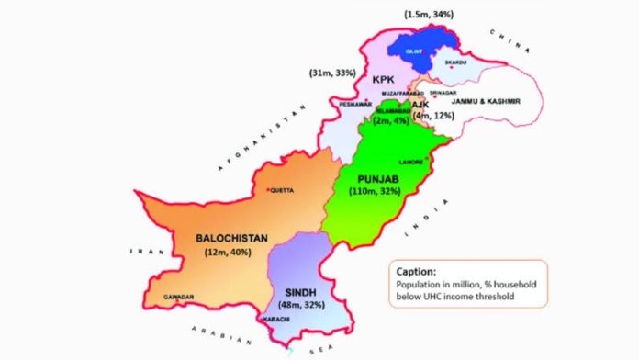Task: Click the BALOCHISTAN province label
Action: click(231, 238)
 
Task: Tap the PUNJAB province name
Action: click(377, 175)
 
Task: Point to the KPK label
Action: click(383, 80)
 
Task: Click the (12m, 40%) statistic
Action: click(230, 253)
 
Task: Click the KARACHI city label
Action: click(277, 319)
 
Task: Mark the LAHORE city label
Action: click(411, 162)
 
